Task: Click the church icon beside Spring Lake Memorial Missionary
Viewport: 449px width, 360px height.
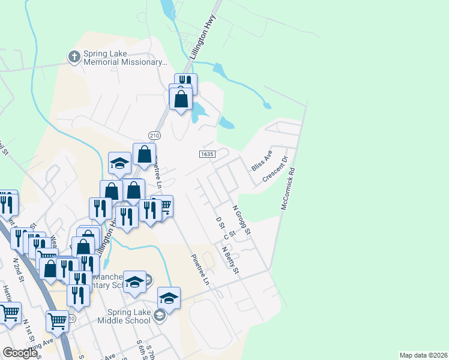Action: tap(74, 57)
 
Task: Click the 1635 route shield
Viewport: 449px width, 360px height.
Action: tap(207, 154)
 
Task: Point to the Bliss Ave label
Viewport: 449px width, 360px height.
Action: tap(262, 161)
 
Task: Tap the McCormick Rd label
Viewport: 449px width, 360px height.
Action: tap(289, 188)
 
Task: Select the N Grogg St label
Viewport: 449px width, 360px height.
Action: tap(243, 222)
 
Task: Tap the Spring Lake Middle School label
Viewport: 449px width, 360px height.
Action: tap(128, 316)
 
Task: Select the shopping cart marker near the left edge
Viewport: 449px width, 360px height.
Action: tap(10, 313)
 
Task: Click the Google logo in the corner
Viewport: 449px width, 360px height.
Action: tap(20, 353)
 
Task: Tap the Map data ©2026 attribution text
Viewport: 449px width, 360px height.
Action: tap(423, 355)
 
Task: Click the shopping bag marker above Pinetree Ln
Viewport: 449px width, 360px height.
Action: tap(145, 155)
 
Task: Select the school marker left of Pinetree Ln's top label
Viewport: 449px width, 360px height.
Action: tap(120, 163)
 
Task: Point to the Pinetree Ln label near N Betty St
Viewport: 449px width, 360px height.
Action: tap(200, 269)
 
